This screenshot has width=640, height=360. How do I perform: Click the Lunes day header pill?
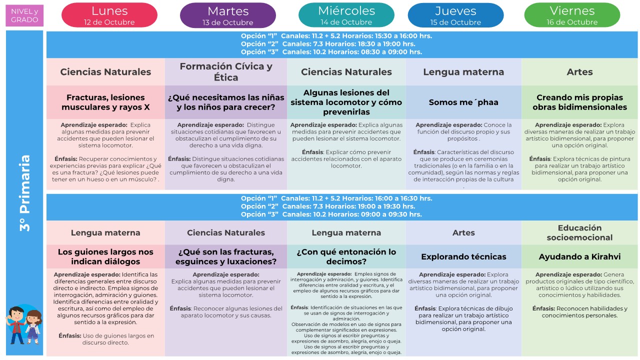pyautogui.click(x=109, y=15)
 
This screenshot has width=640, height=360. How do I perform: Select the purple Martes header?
pyautogui.click(x=227, y=15)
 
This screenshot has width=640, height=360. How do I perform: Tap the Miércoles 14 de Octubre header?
pyautogui.click(x=346, y=15)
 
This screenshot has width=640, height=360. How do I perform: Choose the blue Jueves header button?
pyautogui.click(x=455, y=15)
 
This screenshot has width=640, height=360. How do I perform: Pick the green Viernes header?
pyautogui.click(x=572, y=15)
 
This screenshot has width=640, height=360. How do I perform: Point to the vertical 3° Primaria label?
pyautogui.click(x=25, y=192)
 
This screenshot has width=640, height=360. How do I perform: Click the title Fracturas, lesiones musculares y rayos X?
pyautogui.click(x=105, y=102)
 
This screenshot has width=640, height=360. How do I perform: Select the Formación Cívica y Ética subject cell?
pyautogui.click(x=226, y=72)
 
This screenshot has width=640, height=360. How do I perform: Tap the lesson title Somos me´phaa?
pyautogui.click(x=463, y=102)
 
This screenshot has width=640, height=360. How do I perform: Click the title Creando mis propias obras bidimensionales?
pyautogui.click(x=579, y=102)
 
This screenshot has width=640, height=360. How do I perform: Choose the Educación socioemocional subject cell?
pyautogui.click(x=579, y=232)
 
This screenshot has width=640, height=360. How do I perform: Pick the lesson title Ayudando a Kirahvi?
pyautogui.click(x=579, y=256)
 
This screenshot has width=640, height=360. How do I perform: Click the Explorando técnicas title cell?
pyautogui.click(x=463, y=256)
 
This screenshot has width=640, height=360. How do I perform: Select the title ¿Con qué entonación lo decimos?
pyautogui.click(x=346, y=256)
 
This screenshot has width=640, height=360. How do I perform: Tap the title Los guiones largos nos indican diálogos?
pyautogui.click(x=105, y=256)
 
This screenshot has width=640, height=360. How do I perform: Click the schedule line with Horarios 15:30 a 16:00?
pyautogui.click(x=336, y=36)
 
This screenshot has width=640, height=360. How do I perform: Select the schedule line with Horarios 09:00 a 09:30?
pyautogui.click(x=331, y=214)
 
